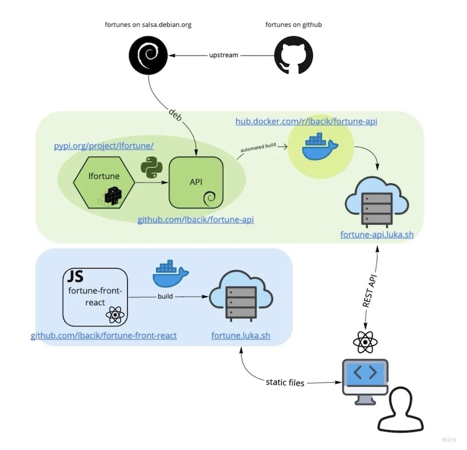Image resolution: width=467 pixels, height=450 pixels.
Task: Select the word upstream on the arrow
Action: pos(224,55)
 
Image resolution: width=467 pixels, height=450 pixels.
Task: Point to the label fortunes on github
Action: pos(294,25)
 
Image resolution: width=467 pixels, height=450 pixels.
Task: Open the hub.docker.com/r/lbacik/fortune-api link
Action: pos(306,121)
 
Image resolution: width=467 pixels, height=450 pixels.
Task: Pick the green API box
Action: pos(196,183)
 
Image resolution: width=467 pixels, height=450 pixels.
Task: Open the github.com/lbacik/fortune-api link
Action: pos(196,220)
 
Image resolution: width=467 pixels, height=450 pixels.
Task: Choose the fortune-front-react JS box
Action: pos(95,296)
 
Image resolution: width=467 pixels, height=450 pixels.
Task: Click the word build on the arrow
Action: pos(166,296)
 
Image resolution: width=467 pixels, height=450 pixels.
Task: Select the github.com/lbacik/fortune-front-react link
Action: pos(104,336)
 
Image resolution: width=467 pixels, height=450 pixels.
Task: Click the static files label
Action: pos(285,383)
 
